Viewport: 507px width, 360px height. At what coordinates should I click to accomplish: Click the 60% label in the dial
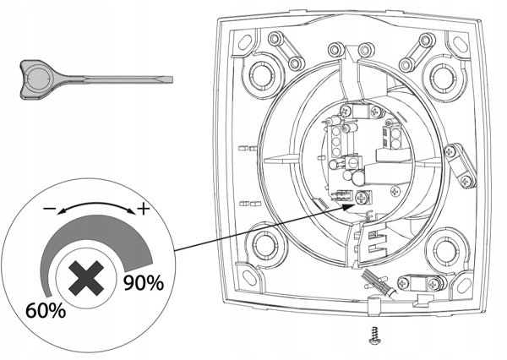[x=46, y=311]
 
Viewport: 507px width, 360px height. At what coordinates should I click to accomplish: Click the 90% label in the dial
[x=144, y=283]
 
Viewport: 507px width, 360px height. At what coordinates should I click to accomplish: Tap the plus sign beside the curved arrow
[x=144, y=210]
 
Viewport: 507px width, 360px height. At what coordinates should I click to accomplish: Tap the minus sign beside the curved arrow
[x=49, y=208]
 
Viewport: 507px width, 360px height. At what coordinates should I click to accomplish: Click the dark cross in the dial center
[x=86, y=278]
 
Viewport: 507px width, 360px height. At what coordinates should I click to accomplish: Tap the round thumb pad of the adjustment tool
[x=39, y=79]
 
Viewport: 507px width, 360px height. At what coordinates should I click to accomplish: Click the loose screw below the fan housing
[x=373, y=335]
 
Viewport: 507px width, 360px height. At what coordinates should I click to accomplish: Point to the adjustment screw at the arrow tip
[x=362, y=198]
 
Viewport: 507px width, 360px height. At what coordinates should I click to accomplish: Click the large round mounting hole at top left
[x=262, y=75]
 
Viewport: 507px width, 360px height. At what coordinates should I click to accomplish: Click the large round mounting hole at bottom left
[x=265, y=244]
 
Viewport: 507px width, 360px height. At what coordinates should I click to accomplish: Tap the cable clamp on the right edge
[x=461, y=166]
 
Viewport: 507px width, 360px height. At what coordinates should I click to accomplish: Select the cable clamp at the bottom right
[x=421, y=282]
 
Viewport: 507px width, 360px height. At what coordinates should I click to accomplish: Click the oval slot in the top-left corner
[x=245, y=41]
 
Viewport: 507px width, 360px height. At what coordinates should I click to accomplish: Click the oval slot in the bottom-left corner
[x=249, y=278]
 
